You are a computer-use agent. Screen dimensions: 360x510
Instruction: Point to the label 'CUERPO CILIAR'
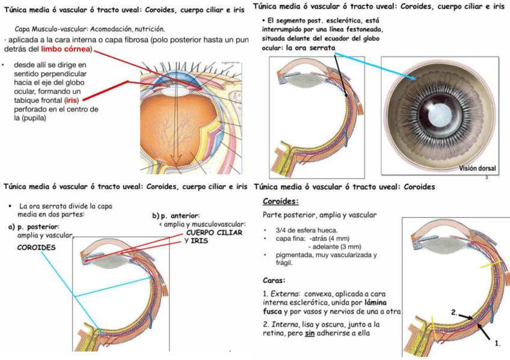214,233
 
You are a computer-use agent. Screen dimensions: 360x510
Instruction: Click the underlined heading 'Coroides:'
281,201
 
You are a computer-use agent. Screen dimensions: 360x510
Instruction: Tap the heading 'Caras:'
274,280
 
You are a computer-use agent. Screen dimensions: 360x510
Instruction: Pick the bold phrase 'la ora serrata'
311,48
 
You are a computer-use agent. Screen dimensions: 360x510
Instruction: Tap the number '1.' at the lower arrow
497,344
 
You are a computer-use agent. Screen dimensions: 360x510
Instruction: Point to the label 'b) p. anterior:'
176,216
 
